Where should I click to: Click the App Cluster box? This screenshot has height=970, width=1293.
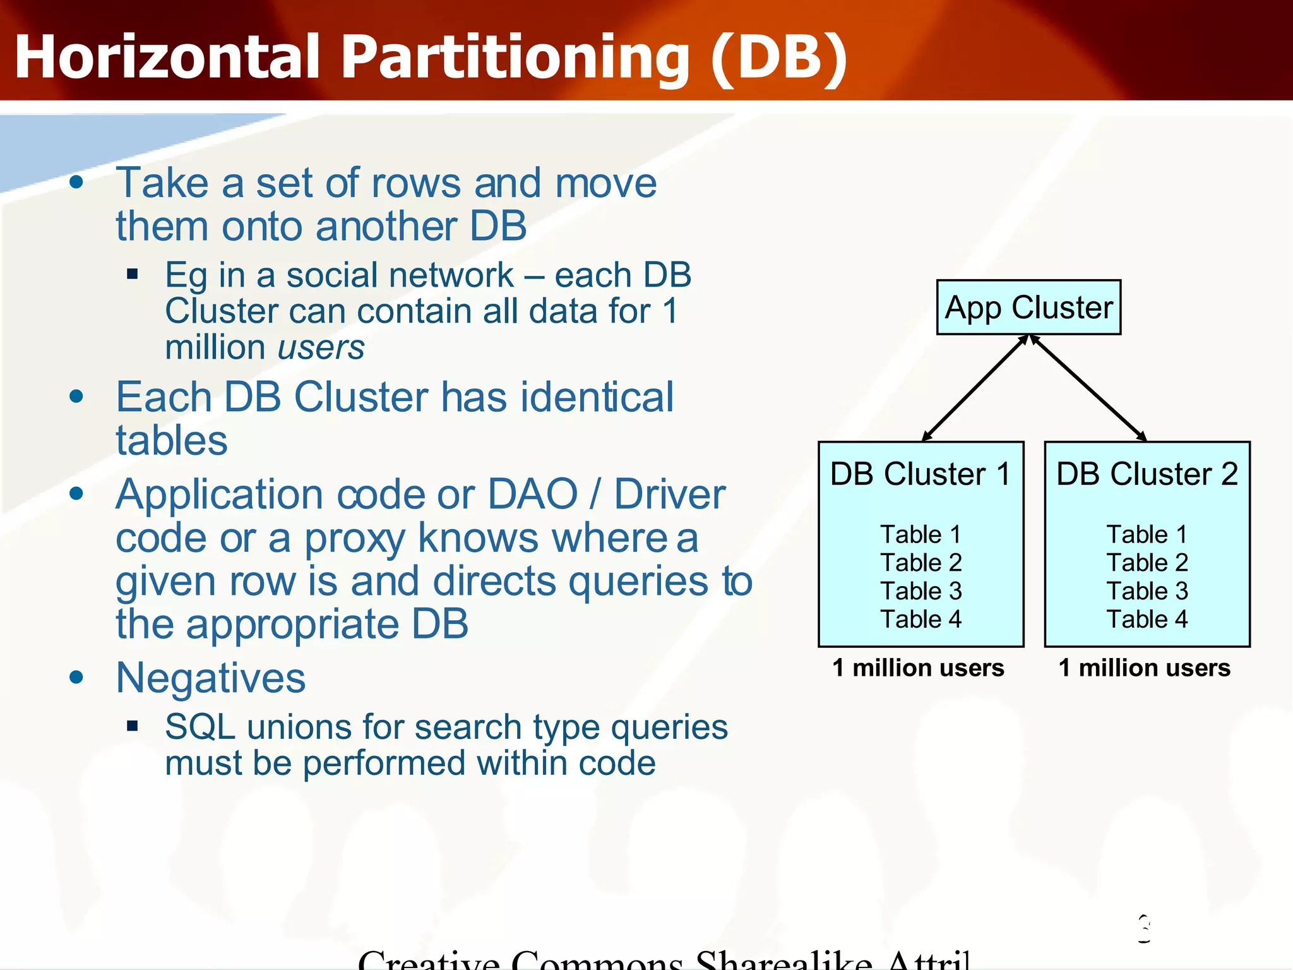[1028, 308]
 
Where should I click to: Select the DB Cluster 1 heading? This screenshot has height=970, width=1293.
[920, 474]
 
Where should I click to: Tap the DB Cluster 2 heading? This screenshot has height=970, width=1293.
[1147, 474]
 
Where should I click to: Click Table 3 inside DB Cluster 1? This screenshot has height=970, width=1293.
[921, 591]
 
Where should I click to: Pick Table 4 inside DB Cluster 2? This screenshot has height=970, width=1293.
[1147, 619]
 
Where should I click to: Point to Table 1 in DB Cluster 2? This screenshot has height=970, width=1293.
[1147, 534]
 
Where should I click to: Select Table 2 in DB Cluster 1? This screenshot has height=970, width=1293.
[921, 563]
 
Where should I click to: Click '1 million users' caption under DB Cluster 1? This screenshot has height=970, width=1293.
[918, 668]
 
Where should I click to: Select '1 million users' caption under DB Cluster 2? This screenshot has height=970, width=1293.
[1144, 668]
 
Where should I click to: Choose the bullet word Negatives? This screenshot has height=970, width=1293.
[211, 678]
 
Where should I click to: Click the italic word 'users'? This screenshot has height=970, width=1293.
[321, 348]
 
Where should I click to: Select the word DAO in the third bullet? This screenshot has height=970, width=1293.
[533, 494]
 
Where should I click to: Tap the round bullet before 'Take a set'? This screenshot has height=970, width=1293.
[76, 183]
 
